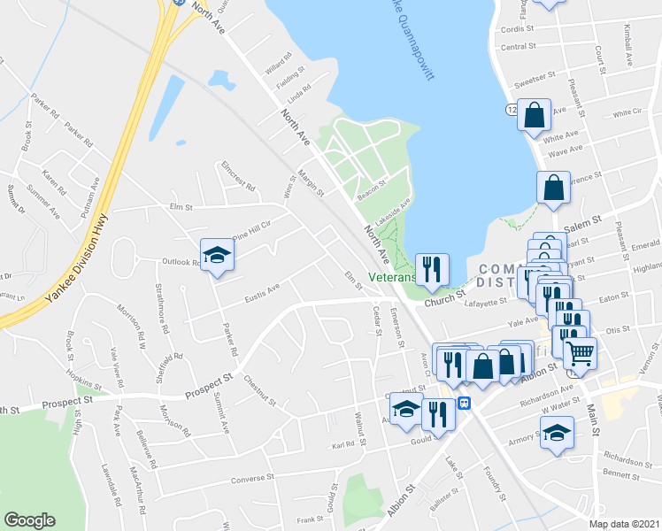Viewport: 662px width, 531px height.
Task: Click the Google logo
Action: tap(30, 520)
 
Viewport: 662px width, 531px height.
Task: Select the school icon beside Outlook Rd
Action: tap(215, 257)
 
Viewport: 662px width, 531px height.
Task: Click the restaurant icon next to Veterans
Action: tap(432, 269)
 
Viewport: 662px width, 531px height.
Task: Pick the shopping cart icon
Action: tap(581, 352)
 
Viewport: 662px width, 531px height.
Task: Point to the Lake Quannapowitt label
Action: tap(412, 40)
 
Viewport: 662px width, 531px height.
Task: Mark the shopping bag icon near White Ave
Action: tap(535, 115)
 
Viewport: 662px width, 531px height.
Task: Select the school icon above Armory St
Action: tap(556, 434)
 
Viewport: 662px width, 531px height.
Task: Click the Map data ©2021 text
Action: tap(624, 524)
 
